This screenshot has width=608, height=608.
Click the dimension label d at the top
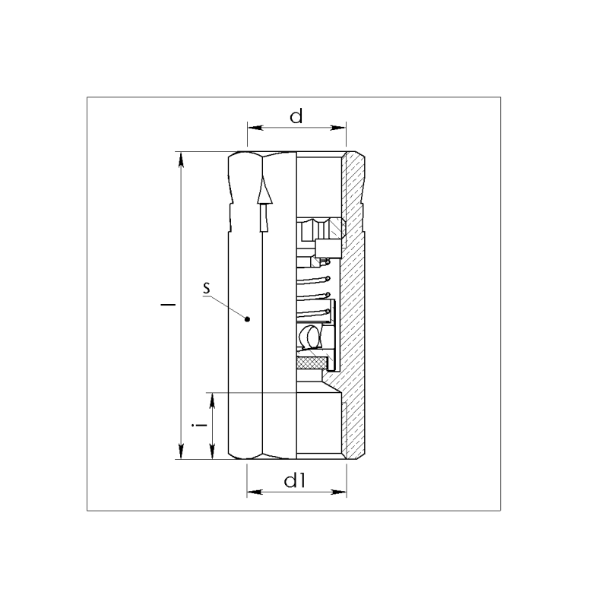296,116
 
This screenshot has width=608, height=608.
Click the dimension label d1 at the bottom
295,481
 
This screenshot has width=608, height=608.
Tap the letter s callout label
207,288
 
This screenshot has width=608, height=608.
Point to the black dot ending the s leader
248,319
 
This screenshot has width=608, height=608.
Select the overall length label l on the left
168,305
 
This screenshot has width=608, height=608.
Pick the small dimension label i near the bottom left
199,426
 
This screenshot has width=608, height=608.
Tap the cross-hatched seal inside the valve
312,363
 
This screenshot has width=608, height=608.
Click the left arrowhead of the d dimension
255,128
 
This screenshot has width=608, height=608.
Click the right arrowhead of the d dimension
338,128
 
